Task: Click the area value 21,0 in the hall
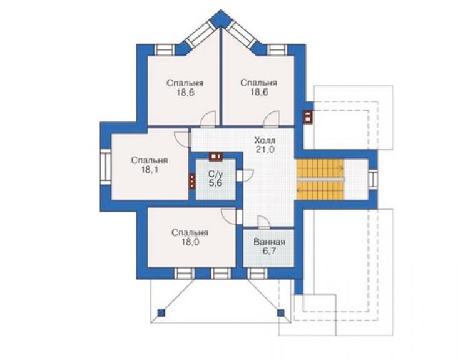[265, 150]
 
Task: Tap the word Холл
[265, 140]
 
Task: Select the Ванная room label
[269, 242]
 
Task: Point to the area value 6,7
[269, 252]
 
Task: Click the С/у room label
[216, 173]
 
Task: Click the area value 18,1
[149, 170]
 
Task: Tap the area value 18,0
[190, 242]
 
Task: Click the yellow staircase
[320, 180]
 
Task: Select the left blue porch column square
[161, 312]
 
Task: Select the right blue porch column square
[280, 312]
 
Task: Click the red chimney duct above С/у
[215, 157]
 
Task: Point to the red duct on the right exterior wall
[307, 116]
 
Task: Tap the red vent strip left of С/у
[192, 180]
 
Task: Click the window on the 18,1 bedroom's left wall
[105, 167]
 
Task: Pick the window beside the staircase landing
[373, 180]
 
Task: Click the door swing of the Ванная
[263, 222]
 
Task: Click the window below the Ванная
[257, 274]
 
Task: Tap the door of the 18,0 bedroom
[232, 217]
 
